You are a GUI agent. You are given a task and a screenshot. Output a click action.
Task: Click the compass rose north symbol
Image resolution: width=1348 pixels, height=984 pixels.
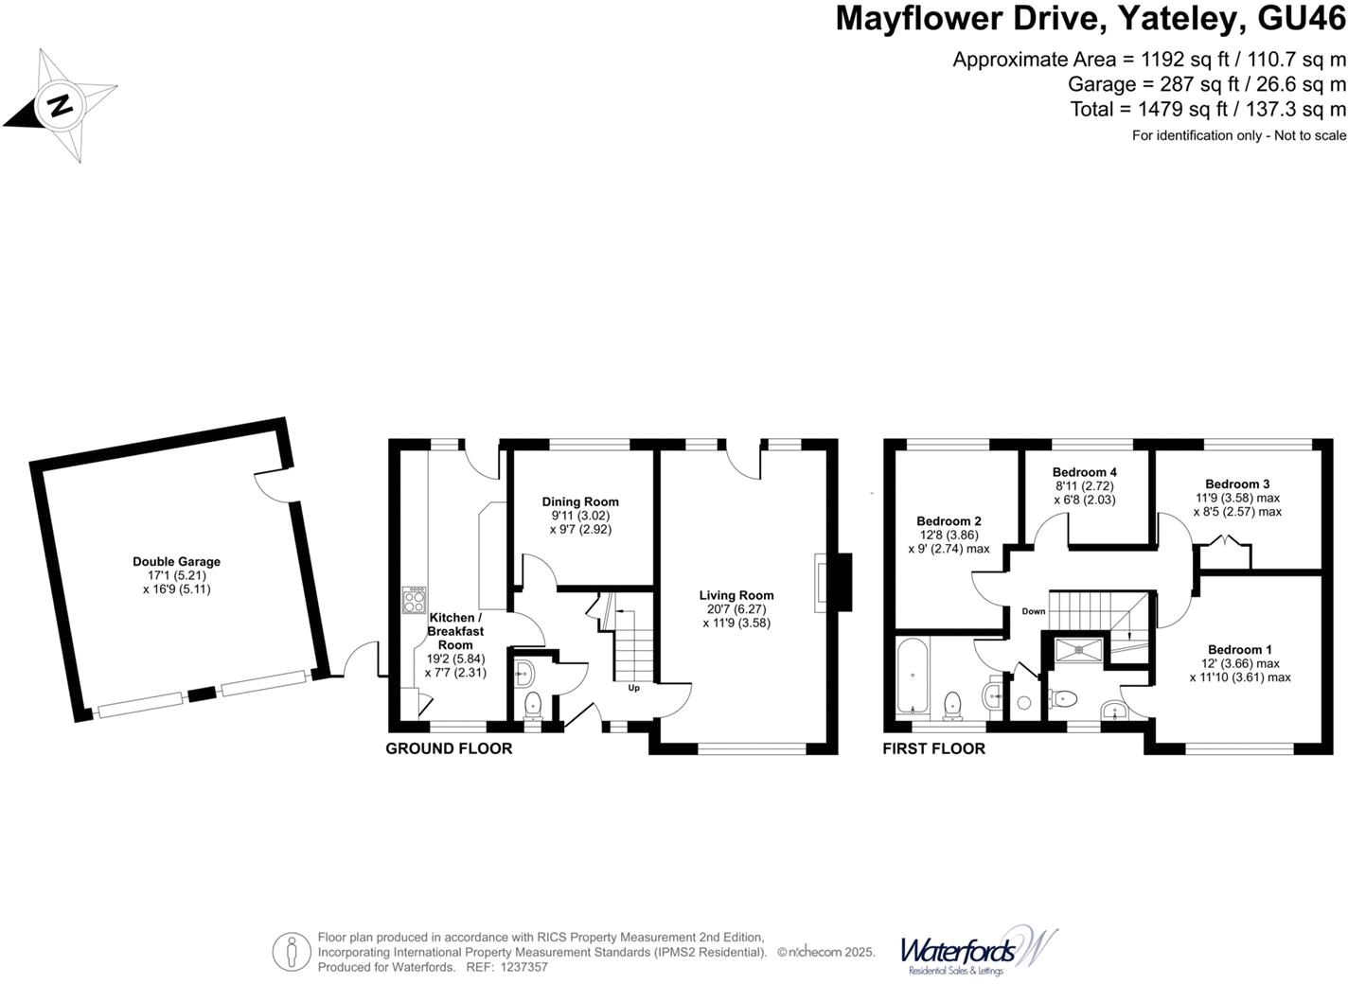click(61, 105)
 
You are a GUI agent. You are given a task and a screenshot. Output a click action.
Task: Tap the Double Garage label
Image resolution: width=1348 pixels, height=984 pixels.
click(176, 562)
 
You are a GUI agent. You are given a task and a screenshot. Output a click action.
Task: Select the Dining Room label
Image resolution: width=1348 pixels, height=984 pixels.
click(580, 502)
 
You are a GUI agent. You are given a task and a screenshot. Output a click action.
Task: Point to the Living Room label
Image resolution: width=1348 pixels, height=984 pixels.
click(736, 595)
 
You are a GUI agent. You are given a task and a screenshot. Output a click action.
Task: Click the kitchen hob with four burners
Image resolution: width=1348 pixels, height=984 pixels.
click(414, 601)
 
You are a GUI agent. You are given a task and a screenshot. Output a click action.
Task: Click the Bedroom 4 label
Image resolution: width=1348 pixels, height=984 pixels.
click(1085, 472)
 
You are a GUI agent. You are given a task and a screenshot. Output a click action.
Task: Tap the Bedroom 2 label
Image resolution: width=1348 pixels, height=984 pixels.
click(949, 521)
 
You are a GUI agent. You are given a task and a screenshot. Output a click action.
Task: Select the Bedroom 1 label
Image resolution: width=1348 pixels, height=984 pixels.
click(1240, 650)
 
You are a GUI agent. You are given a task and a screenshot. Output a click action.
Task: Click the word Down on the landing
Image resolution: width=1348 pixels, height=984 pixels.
click(1034, 611)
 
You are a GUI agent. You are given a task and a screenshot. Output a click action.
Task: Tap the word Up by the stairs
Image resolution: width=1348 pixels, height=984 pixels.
click(634, 688)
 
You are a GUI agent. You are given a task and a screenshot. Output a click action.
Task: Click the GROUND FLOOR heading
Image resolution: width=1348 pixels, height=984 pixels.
click(449, 748)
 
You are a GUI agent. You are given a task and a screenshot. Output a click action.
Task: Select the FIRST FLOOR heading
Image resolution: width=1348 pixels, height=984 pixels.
click(933, 748)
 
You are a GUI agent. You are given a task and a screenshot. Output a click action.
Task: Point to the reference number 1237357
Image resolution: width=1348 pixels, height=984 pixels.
click(523, 967)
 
